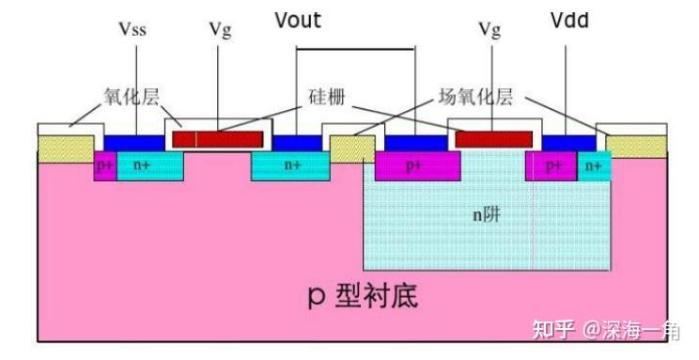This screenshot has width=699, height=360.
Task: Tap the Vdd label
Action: coord(569,21)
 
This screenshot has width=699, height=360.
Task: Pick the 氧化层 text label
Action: coord(129,96)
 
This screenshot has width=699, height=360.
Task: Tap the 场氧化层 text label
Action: coord(476,96)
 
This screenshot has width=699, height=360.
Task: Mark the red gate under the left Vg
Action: coord(217,139)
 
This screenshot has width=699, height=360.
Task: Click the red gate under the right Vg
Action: coord(492,139)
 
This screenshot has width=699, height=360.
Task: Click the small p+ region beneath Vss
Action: coord(104,165)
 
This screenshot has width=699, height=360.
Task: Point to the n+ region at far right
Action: coord(593,165)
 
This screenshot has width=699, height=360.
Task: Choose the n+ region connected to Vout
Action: coord(292,165)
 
